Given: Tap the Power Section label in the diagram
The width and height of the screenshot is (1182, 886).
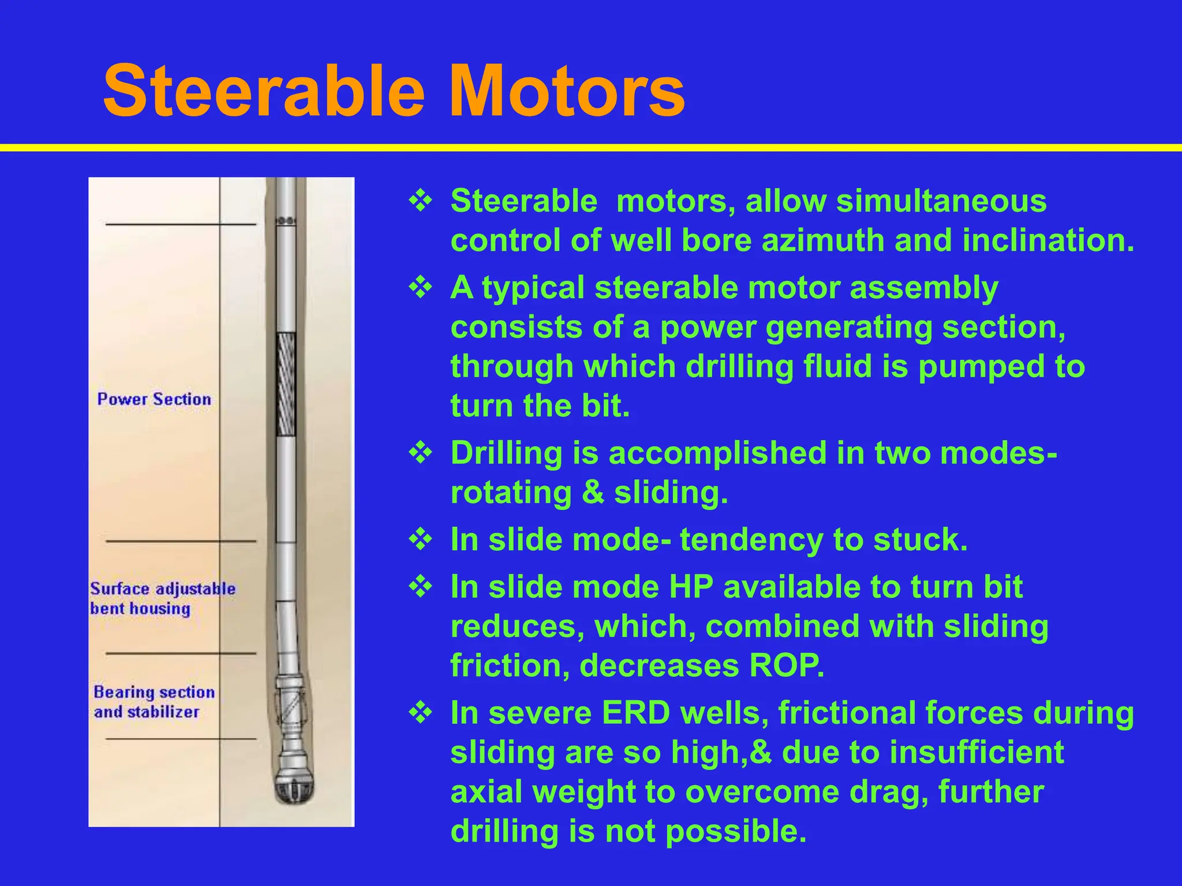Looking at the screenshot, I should click(154, 399).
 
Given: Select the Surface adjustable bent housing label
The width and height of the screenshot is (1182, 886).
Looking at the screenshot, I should click(162, 599).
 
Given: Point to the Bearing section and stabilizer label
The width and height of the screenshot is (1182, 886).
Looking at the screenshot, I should click(154, 701).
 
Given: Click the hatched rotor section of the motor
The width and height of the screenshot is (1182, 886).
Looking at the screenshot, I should click(286, 384).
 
